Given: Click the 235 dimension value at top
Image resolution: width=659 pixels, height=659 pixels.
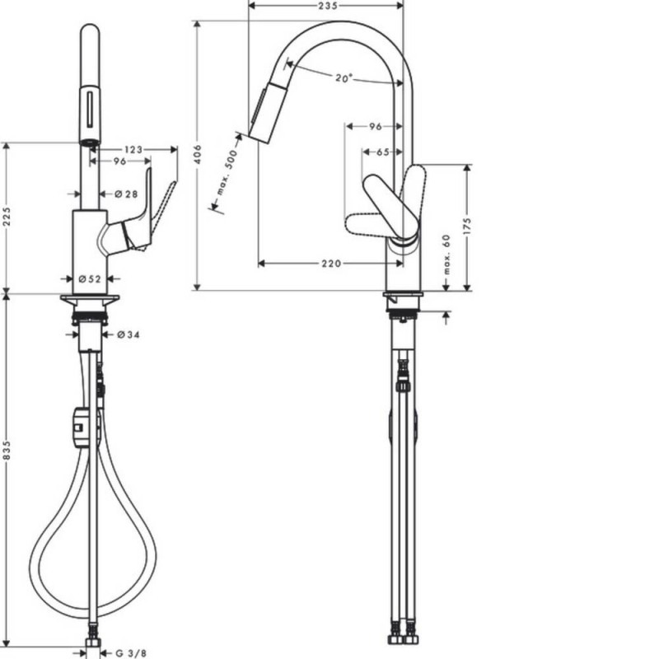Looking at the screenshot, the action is click(328, 6).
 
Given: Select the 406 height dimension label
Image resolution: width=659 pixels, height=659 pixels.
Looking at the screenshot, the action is click(199, 154).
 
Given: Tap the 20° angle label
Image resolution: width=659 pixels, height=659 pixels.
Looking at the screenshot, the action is click(344, 77).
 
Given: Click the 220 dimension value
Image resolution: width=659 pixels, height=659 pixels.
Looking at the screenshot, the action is click(332, 264).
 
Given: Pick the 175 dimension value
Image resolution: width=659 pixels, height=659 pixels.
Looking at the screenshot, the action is click(467, 226).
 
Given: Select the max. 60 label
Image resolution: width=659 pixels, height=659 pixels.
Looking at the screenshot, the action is click(446, 254).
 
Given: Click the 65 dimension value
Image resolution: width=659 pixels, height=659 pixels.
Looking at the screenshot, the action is click(382, 152).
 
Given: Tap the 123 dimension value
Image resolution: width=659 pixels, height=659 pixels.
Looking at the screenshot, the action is click(133, 150).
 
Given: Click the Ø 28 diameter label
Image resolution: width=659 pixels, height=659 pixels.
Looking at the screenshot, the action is click(126, 194).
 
